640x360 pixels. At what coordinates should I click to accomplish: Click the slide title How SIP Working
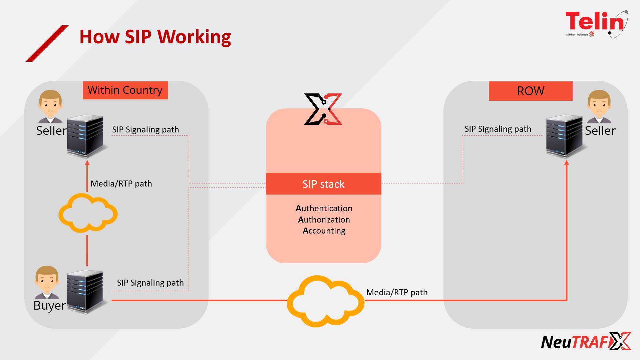pyautogui.click(x=155, y=37)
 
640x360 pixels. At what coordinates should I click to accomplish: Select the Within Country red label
pyautogui.click(x=125, y=90)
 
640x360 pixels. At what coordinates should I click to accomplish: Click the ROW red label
pyautogui.click(x=530, y=91)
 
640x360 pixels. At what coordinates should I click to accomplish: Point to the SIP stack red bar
pyautogui.click(x=323, y=184)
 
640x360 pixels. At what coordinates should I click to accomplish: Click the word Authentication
pyautogui.click(x=324, y=209)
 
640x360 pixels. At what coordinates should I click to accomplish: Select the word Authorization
pyautogui.click(x=324, y=220)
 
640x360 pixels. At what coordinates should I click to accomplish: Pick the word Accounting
pyautogui.click(x=324, y=231)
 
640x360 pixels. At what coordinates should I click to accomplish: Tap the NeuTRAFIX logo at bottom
pyautogui.click(x=586, y=342)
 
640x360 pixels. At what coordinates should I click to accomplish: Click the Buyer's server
pyautogui.click(x=85, y=292)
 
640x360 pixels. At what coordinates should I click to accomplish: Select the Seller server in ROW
pyautogui.click(x=564, y=136)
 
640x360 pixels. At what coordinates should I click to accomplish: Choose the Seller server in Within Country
pyautogui.click(x=85, y=136)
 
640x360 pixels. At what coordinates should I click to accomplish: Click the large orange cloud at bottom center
pyautogui.click(x=325, y=301)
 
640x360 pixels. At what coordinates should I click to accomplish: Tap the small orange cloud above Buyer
pyautogui.click(x=88, y=213)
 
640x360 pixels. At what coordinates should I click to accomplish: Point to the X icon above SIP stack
pyautogui.click(x=323, y=109)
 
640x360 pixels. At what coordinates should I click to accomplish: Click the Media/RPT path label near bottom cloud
pyautogui.click(x=397, y=293)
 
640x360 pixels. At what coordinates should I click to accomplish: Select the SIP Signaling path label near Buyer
pyautogui.click(x=150, y=283)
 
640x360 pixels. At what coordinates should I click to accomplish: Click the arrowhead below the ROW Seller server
pyautogui.click(x=566, y=163)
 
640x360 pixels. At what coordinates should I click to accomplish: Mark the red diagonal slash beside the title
pyautogui.click(x=47, y=43)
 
